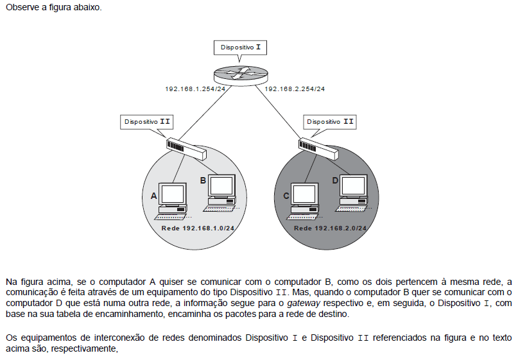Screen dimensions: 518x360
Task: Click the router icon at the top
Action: click(240, 75)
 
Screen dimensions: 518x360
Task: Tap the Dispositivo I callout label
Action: click(240, 47)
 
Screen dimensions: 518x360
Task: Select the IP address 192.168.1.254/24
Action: click(195, 89)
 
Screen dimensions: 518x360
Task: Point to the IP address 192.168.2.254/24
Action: click(295, 89)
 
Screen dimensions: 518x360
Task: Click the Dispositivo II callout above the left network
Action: click(147, 122)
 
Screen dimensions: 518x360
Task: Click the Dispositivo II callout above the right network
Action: click(330, 122)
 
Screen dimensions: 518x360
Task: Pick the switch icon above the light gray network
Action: click(187, 149)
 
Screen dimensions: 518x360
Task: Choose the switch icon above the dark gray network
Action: click(319, 149)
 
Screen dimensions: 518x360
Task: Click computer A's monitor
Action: click(173, 194)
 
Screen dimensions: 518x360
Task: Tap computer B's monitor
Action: click(221, 185)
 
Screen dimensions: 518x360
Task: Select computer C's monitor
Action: click(305, 194)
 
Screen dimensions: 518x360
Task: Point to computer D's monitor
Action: click(354, 185)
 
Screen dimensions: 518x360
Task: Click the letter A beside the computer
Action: click(153, 196)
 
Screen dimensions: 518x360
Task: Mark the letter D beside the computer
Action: click(335, 181)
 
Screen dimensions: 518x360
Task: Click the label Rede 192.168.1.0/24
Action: click(198, 228)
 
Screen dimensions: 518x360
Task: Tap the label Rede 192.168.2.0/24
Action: click(331, 228)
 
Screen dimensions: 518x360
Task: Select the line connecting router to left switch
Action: click(204, 113)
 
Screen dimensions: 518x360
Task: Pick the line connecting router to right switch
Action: click(278, 113)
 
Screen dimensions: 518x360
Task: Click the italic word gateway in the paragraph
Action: click(304, 303)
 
